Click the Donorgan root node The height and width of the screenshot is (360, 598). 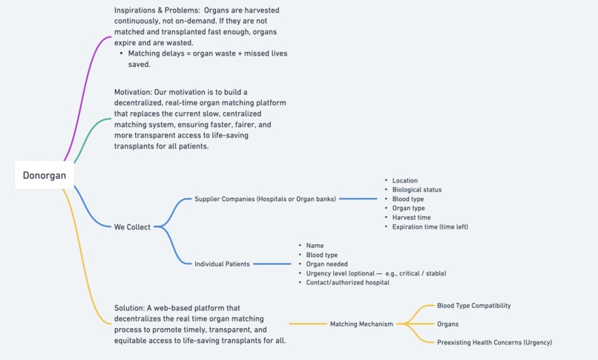tap(45, 176)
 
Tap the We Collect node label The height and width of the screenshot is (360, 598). tap(132, 227)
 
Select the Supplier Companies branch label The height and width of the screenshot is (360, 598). tap(265, 199)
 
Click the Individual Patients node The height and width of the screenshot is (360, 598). tap(222, 264)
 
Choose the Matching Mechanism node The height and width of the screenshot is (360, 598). tap(361, 324)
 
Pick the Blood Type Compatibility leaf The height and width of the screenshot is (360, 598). tap(473, 305)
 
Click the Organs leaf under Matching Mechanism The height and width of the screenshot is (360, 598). tap(447, 324)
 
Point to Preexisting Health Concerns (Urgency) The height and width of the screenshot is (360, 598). tap(494, 342)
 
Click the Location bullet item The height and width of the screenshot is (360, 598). tap(405, 180)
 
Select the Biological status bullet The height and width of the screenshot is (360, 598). tap(417, 190)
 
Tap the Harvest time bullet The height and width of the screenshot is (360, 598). tap(412, 217)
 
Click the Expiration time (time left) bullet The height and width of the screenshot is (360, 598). tap(430, 226)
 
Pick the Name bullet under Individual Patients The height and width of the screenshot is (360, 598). tap(315, 246)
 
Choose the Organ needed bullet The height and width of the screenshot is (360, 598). tap(326, 264)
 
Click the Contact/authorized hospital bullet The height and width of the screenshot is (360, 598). tap(347, 282)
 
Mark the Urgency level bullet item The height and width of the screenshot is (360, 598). tap(375, 273)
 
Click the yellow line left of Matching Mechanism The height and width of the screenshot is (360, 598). tap(307, 324)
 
